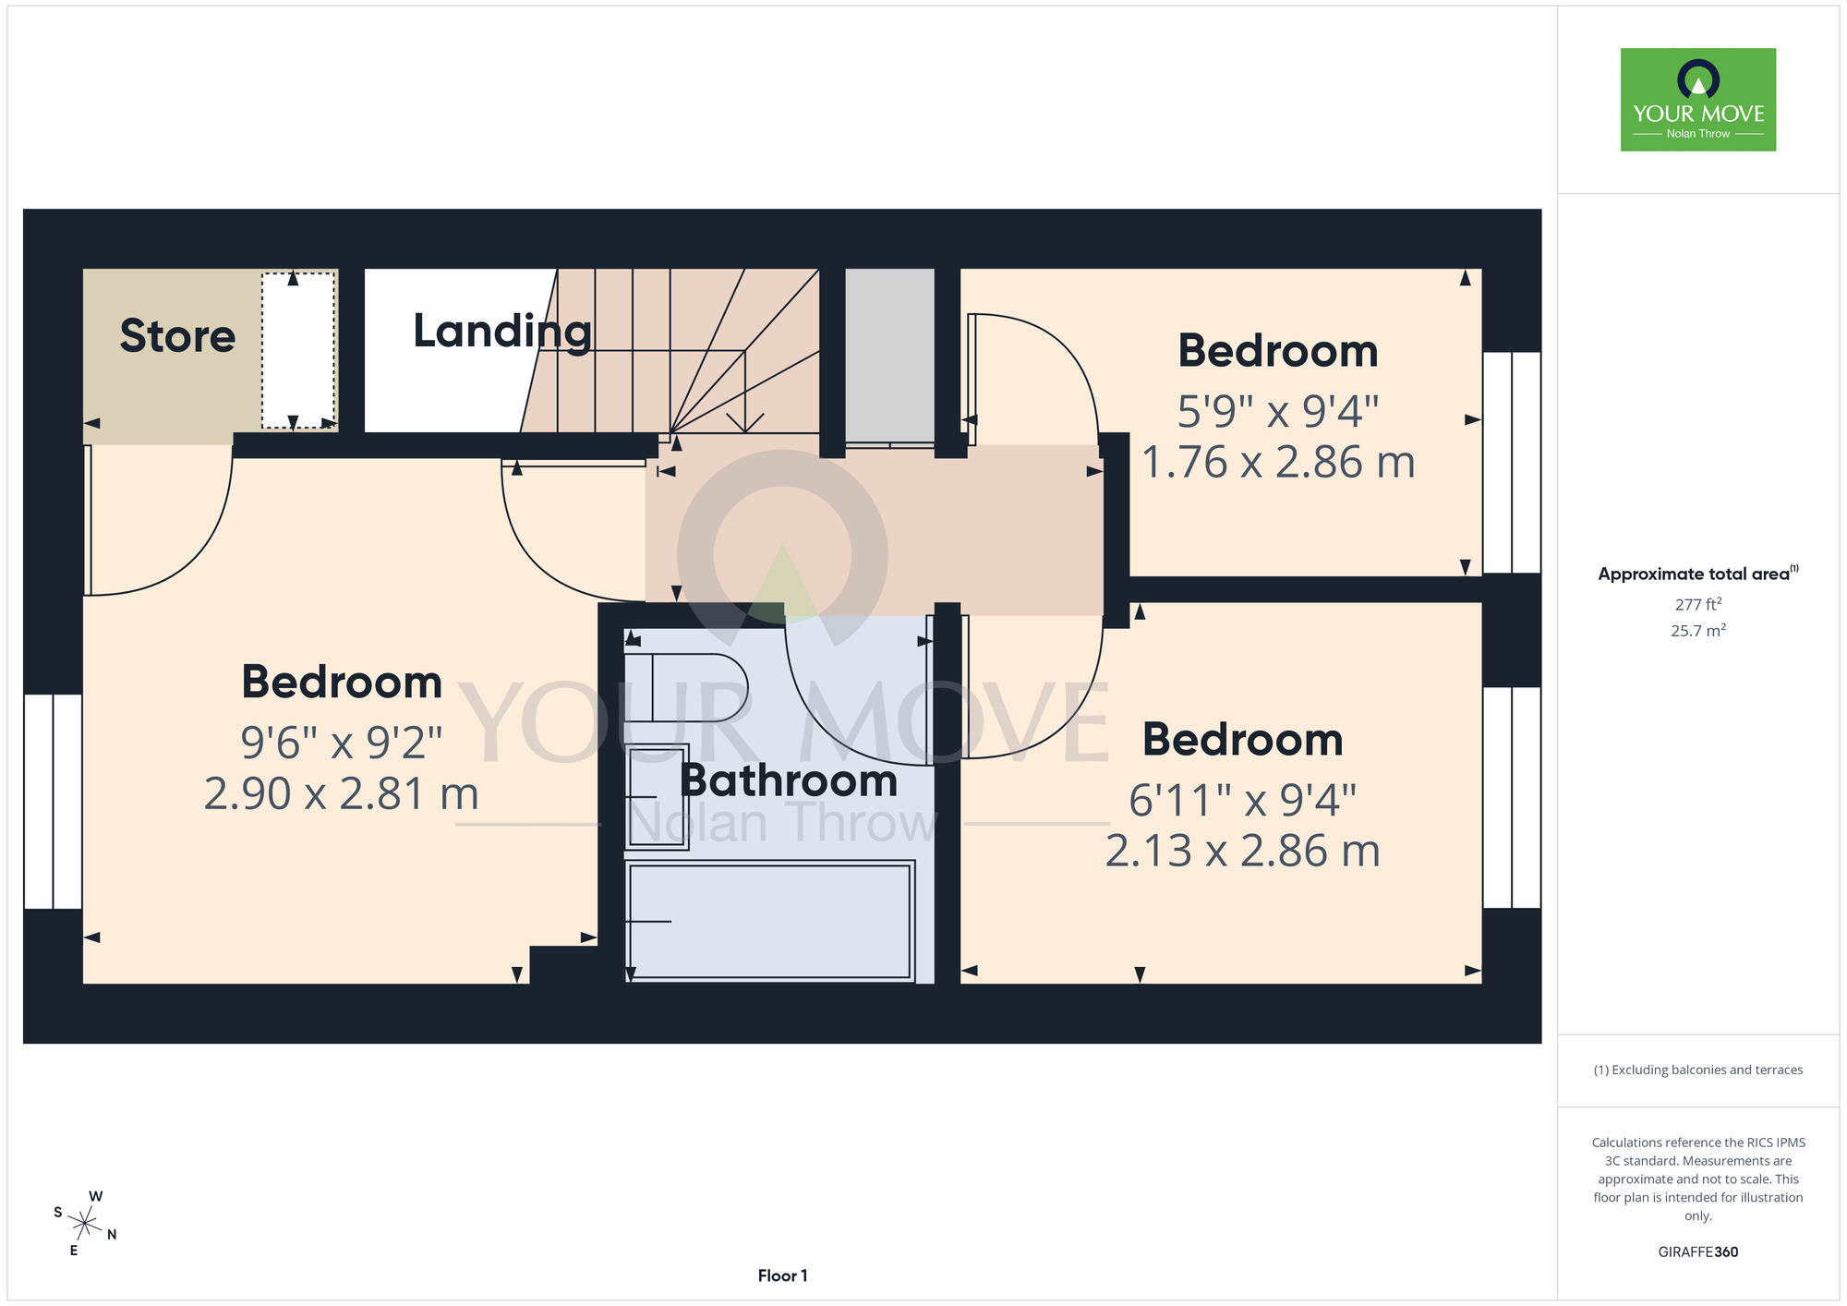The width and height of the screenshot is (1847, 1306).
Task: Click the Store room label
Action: coord(177,335)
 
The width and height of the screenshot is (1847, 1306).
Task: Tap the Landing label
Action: coord(502,332)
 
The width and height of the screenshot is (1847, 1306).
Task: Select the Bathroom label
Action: coord(789,780)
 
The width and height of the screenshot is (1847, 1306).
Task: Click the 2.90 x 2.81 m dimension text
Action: coord(342,794)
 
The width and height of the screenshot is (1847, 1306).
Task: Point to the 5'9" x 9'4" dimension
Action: coord(1278,411)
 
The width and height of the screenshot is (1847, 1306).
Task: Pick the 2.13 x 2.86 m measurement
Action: coord(1243,851)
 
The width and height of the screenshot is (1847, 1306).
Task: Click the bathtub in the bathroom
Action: coord(769,921)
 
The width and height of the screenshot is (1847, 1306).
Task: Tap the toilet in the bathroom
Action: coord(685,688)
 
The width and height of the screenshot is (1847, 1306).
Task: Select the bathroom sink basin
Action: coord(657,796)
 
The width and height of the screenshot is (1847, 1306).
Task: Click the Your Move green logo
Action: coord(1698,100)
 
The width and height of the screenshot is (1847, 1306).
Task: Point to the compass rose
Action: coord(85,1224)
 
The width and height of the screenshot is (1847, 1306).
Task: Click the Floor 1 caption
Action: coord(782,1276)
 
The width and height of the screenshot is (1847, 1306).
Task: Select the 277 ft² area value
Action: coord(1698,604)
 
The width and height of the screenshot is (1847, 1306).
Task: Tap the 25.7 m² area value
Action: coord(1698,631)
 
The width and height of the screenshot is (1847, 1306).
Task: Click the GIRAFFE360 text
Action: coord(1698,1252)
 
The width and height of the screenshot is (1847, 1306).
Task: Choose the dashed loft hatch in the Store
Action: coord(298,350)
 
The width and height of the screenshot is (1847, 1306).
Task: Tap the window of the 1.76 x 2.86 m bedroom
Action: coord(1512,463)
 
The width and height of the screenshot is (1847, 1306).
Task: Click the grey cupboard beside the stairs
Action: coord(890,356)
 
